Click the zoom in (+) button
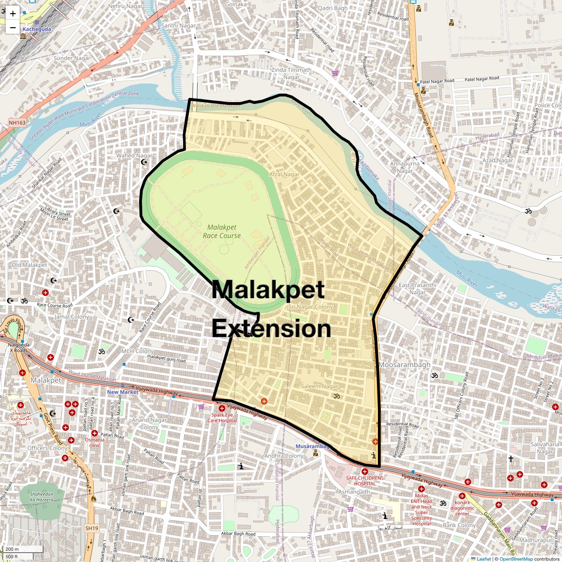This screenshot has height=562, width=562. coord(13,14)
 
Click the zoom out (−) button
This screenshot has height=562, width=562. coord(13,28)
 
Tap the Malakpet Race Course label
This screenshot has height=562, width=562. coord(222,231)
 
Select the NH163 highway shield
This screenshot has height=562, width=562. coord(17,123)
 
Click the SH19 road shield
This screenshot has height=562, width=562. coord(92,528)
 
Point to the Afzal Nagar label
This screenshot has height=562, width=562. coord(284,174)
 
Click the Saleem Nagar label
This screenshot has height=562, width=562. coord(319,386)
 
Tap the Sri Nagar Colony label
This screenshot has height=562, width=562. coord(311,307)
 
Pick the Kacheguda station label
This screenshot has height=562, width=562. coord(37,29)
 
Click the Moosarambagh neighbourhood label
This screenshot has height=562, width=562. coord(404,365)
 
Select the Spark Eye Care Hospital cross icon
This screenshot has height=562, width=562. coord(222,408)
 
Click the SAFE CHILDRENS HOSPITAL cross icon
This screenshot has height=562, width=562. coord(364,471)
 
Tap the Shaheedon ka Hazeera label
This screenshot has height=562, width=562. coord(42,497)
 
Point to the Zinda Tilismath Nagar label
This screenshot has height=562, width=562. coord(291,74)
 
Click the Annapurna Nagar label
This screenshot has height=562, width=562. coord(405,167)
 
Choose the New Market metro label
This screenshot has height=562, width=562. coord(123,392)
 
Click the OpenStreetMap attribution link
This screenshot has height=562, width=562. coord(516,559)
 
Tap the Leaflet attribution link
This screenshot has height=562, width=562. coord(484,559)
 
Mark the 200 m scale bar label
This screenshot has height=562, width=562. coord(13,549)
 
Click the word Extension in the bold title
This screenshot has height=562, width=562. coord(271,329)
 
